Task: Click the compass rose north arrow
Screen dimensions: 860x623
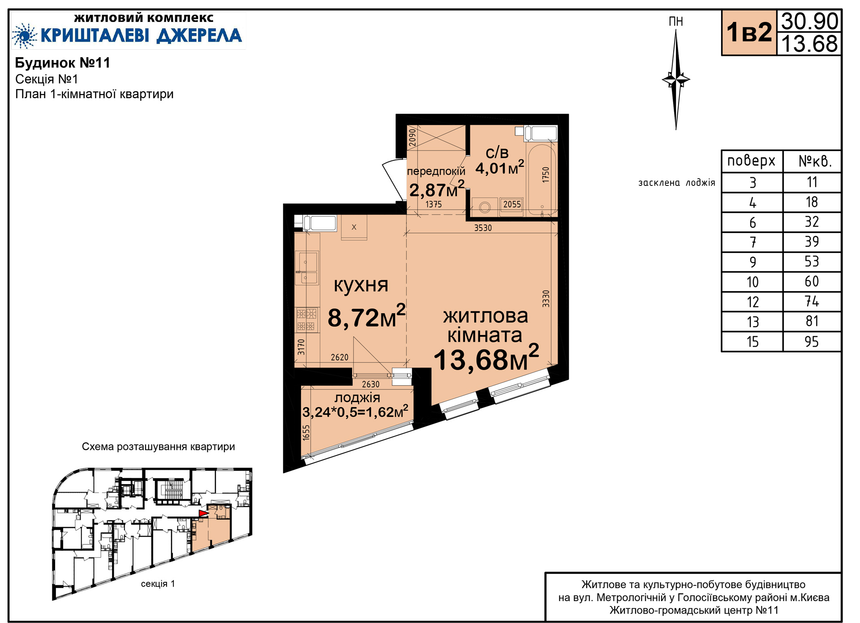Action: tap(676, 80)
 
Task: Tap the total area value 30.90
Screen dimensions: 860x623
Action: tap(809, 21)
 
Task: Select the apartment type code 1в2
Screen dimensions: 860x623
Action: tap(749, 32)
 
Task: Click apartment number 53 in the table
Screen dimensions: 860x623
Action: tap(812, 262)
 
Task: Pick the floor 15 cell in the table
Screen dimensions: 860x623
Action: tap(752, 342)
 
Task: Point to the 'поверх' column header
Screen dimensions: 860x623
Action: tap(751, 161)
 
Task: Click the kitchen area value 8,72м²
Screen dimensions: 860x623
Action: tap(366, 317)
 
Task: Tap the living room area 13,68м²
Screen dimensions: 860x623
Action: tap(486, 358)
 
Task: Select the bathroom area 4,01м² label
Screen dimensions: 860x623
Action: tap(499, 168)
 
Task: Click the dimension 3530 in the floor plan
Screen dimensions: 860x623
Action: tap(483, 228)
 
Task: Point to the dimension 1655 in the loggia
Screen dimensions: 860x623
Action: tap(306, 433)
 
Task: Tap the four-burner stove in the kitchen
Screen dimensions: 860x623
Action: tap(307, 320)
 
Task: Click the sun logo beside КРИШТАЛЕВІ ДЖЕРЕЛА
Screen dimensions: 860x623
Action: tap(24, 35)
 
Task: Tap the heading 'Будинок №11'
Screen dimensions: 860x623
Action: tap(63, 63)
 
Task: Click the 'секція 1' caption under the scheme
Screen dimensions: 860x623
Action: tap(158, 584)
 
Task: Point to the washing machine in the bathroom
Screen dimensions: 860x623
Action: tap(484, 207)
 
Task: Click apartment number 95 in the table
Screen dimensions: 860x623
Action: tap(812, 342)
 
